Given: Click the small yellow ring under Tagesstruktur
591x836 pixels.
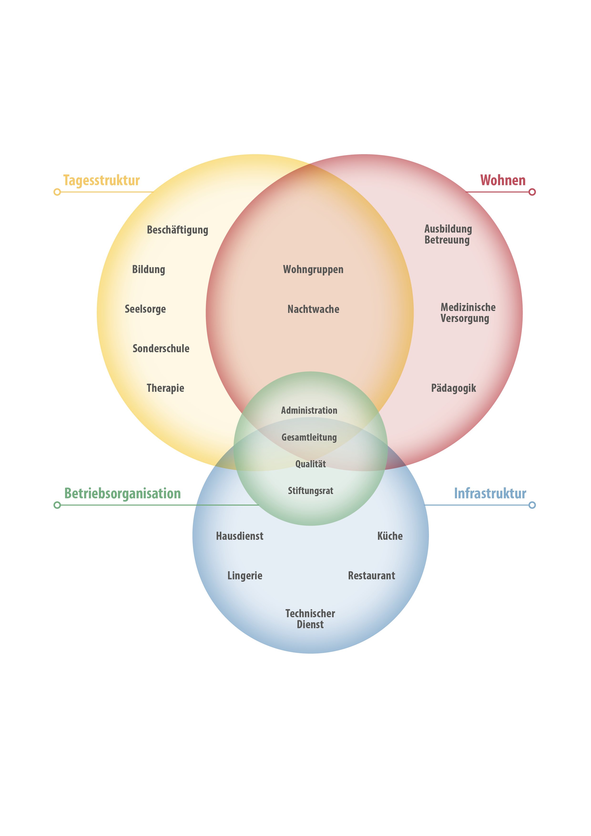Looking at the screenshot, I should pos(57,192).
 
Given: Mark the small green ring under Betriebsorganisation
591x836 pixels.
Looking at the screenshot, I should pos(57,505).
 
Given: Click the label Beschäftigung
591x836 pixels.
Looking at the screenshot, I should pos(177,230).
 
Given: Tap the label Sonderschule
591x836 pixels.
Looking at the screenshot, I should pos(161,348).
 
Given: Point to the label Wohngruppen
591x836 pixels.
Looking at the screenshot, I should pos(313,270).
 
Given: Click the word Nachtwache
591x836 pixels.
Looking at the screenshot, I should pos(313,309).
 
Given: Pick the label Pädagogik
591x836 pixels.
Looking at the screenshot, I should pos(453,388).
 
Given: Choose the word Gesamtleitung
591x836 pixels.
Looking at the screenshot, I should pos(309,437).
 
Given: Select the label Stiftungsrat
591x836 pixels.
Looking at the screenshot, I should pos(310,491).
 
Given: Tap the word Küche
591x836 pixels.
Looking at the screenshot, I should pos(390,536).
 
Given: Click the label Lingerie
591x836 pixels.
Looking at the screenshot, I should pos(245,576).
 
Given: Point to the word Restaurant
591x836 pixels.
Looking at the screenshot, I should pos(372,576).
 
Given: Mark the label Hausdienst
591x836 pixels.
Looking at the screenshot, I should pos(239,536).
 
